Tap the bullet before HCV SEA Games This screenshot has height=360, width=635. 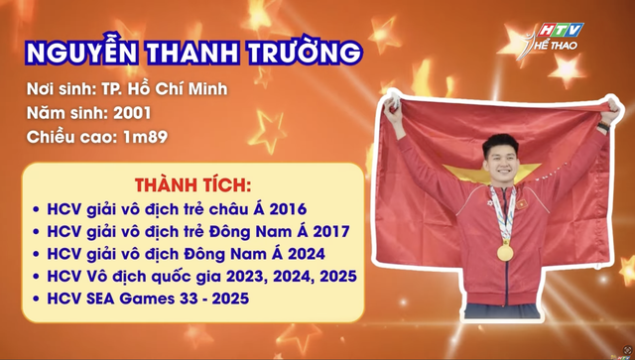point(36,298)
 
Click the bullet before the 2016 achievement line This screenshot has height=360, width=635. point(36,210)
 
